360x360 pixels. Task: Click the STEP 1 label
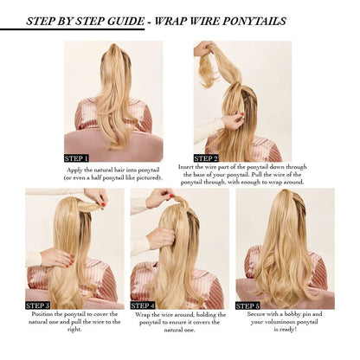click(76, 158)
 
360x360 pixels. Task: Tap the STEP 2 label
click(206, 158)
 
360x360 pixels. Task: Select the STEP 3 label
click(38, 305)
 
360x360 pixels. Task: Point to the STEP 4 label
click(143, 305)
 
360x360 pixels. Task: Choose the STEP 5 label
click(247, 305)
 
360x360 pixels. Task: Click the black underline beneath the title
click(72, 29)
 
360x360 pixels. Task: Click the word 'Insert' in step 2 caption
click(186, 167)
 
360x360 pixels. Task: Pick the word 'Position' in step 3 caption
click(43, 314)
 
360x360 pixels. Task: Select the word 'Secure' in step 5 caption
click(255, 314)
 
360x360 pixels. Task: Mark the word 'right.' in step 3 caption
click(74, 329)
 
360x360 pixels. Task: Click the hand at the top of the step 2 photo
click(205, 48)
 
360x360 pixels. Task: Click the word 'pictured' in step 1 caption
click(148, 178)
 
